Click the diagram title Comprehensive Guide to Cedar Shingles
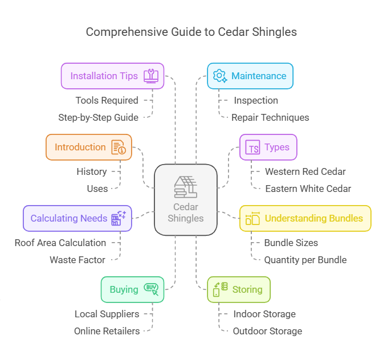[191, 32]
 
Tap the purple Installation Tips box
[112, 76]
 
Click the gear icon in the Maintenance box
[219, 76]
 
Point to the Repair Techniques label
[270, 118]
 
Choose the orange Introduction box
[88, 147]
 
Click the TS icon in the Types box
[253, 148]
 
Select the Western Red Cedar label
[305, 171]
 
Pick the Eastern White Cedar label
[308, 189]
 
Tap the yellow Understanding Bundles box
[305, 218]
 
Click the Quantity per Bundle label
[305, 260]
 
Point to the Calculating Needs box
[77, 218]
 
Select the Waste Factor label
[78, 260]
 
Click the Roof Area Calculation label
[60, 243]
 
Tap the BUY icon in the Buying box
[152, 289]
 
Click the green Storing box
[238, 289]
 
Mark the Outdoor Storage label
[267, 331]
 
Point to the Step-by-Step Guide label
[98, 118]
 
